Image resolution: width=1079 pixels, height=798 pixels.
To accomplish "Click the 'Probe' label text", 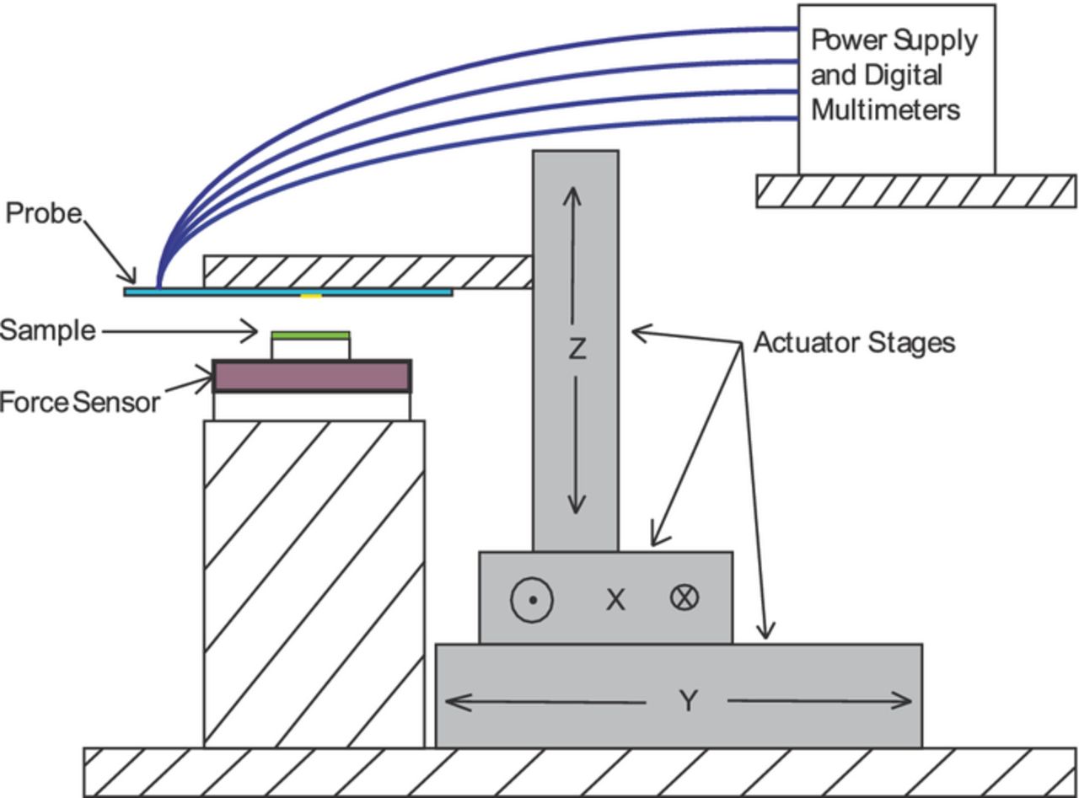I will point(44,213).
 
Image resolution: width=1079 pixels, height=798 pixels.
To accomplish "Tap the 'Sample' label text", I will point(47,330).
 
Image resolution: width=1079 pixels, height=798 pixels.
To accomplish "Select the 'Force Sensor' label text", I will point(79,402).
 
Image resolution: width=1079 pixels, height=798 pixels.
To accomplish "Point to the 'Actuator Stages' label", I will point(853,343).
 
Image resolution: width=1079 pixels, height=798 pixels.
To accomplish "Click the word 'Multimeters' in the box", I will point(885,110).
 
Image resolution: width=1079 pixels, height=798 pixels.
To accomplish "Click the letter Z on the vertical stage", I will point(576,348).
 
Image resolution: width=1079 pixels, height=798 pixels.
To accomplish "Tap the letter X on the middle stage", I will point(615,600).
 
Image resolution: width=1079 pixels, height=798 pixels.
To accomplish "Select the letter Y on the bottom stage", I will point(688,700).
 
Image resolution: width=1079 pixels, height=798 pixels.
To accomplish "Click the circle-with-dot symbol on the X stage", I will point(532,600).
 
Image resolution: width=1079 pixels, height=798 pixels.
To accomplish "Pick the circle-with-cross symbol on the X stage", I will point(684,597).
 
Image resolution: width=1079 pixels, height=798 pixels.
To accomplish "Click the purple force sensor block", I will point(311,377).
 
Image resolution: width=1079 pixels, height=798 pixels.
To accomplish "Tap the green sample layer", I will point(310,335).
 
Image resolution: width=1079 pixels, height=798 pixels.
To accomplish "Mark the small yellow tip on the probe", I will point(311,295).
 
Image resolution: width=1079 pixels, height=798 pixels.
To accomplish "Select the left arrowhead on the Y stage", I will point(454,700).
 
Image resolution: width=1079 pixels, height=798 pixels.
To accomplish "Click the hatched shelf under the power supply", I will point(915,191).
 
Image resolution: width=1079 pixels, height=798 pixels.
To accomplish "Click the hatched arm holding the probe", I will point(368,271).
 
